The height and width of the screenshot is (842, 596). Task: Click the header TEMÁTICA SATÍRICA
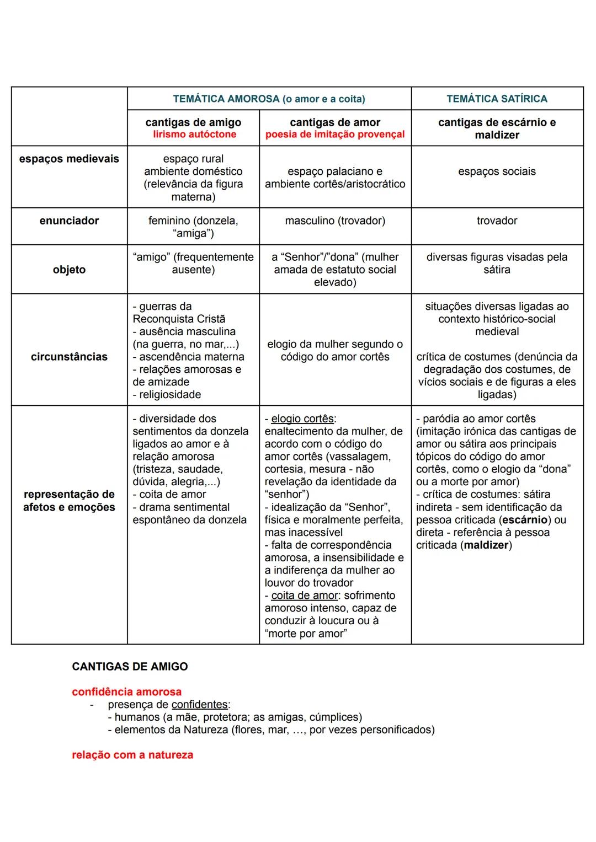tap(497, 99)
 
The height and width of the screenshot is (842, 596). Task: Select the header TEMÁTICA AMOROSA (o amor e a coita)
tap(269, 99)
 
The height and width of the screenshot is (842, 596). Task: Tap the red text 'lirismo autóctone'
tap(194, 135)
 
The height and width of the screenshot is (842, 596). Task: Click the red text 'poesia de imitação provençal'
tap(335, 135)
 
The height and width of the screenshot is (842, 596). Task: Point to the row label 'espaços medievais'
tap(69, 159)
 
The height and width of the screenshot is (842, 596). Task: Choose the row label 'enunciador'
tap(69, 221)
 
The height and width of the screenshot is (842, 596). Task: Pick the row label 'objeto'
tap(69, 270)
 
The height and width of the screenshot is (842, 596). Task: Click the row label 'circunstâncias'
tap(69, 357)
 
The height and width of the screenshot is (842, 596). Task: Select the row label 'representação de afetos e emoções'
tap(69, 501)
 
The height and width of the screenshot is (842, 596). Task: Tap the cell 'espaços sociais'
tap(497, 171)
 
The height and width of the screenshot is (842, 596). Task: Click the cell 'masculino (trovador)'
tap(335, 221)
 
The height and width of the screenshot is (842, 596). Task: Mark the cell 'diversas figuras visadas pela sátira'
tap(497, 264)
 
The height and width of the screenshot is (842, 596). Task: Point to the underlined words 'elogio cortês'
tap(302, 419)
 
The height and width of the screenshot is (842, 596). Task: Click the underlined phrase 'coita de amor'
tap(305, 596)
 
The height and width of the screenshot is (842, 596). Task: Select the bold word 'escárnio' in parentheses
tap(524, 520)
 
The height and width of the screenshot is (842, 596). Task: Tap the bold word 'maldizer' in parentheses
tap(486, 545)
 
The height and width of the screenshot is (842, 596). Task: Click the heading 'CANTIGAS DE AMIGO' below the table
tap(130, 667)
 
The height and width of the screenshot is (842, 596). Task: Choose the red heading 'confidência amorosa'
tap(126, 692)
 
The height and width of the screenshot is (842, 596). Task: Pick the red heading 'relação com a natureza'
tap(132, 755)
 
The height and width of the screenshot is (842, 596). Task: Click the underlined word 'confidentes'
tap(199, 705)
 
